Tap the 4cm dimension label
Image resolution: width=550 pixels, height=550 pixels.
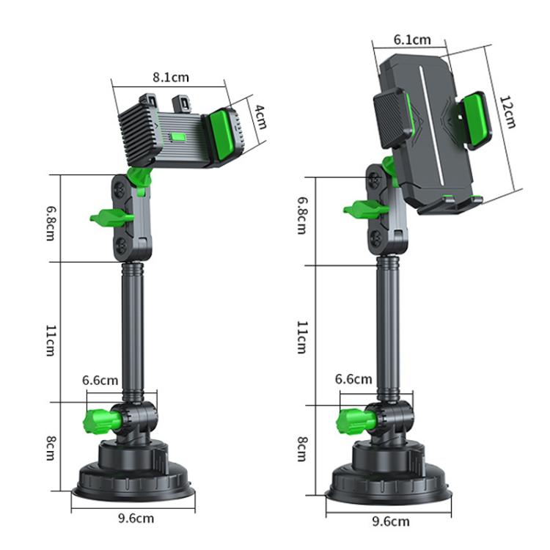[260, 115]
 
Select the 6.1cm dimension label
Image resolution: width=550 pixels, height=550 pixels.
[412, 40]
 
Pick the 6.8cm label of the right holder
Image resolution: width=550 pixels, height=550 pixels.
[301, 215]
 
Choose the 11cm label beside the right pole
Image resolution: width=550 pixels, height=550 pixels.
[301, 337]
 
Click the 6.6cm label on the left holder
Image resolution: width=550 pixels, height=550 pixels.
[100, 380]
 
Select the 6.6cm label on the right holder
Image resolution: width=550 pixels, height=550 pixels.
[353, 379]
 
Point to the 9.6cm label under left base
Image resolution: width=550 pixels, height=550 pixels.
[136, 518]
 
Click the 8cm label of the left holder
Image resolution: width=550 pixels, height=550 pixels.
[50, 447]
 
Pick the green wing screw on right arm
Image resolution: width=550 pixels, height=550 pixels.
[364, 210]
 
